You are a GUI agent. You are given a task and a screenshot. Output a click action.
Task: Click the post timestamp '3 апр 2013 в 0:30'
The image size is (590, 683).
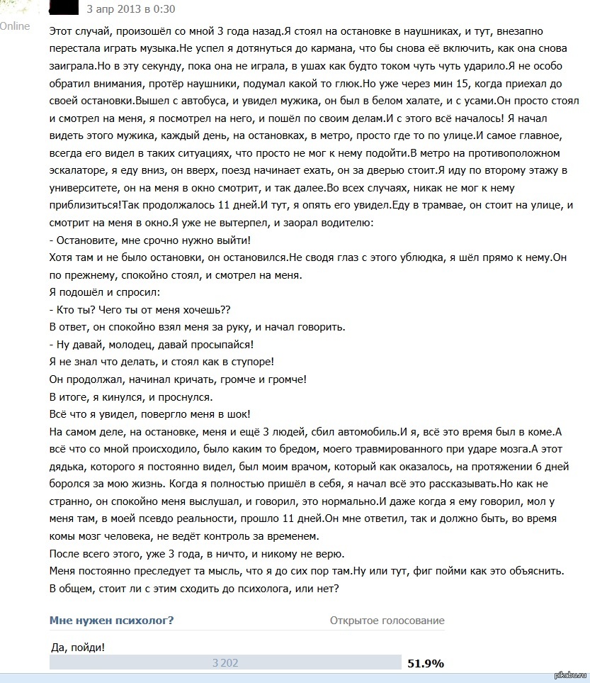pos(131,9)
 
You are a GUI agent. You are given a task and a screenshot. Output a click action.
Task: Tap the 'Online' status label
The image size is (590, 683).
pos(15,26)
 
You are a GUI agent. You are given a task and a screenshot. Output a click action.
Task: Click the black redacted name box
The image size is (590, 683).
pos(64,9)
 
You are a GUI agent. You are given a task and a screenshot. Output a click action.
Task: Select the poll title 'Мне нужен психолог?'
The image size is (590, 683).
pos(112,621)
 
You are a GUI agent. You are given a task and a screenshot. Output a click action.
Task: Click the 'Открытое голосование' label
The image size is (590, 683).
pos(387,621)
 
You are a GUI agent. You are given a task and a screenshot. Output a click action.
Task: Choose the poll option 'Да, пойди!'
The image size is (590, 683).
pos(79,647)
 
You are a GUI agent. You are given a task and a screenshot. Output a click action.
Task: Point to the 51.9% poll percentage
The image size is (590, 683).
pos(425,664)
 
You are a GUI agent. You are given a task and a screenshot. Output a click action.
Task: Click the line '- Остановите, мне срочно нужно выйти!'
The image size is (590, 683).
pos(150,240)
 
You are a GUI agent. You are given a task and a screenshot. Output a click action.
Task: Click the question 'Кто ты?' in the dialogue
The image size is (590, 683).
pos(76,309)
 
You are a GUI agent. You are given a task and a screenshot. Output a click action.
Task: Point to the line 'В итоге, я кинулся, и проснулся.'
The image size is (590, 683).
pos(130,396)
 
